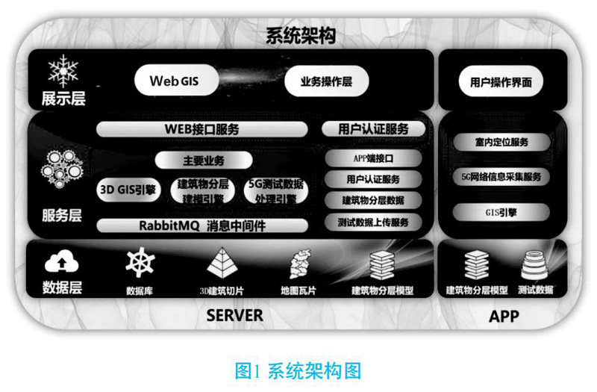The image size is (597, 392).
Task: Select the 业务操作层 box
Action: (326, 81)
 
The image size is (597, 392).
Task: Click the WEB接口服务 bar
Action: (201, 128)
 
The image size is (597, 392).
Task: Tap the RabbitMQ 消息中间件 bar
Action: (201, 225)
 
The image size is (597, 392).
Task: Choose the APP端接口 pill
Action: (373, 158)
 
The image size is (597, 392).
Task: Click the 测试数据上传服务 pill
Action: (373, 221)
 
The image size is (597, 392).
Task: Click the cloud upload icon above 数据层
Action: (61, 262)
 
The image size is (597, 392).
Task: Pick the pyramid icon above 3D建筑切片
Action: (220, 263)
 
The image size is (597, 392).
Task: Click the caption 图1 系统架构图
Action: (298, 370)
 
